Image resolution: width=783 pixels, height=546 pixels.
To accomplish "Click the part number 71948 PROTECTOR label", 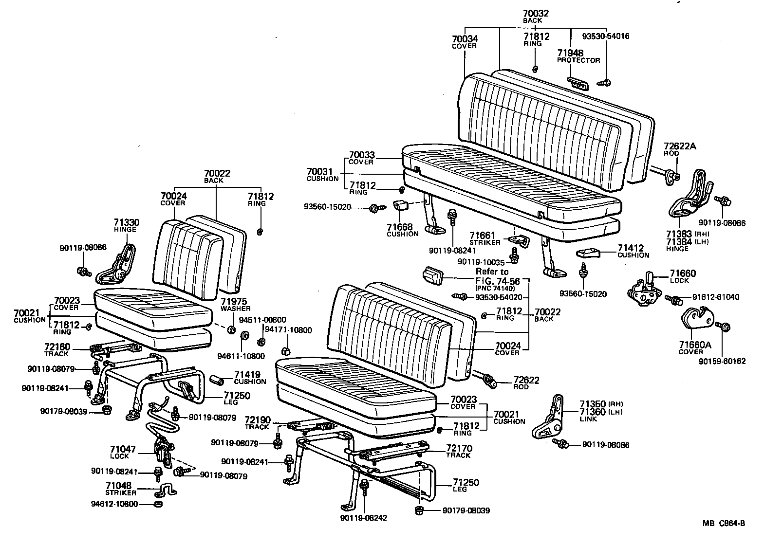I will (x=578, y=56).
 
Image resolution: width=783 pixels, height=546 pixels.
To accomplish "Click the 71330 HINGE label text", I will (x=126, y=225).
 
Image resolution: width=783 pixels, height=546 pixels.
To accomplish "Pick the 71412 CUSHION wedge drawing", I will (x=588, y=253).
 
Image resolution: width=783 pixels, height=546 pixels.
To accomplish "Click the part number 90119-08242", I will (x=364, y=518).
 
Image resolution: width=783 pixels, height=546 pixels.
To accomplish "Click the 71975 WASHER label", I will (x=235, y=304).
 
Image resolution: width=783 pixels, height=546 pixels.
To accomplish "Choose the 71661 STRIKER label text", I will (x=485, y=238).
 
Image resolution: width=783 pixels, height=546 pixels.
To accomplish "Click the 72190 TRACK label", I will (x=257, y=422).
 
